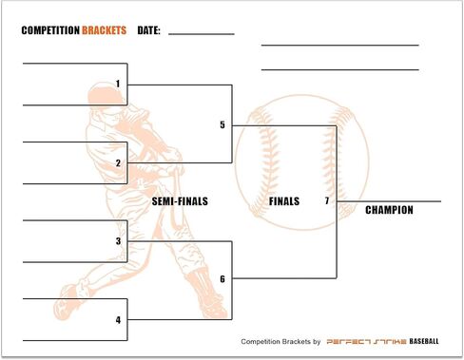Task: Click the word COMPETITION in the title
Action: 50,30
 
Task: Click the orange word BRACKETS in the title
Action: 105,30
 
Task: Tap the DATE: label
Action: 148,30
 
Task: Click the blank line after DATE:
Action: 202,34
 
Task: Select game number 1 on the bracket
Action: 118,84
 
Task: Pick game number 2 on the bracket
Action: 118,163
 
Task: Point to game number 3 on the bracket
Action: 118,241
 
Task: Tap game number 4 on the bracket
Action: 118,320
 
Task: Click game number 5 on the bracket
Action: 222,124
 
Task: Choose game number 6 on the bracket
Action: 222,279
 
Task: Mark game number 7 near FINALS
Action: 327,200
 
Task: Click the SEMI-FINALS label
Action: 180,201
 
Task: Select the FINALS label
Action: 284,201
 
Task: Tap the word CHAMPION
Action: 389,210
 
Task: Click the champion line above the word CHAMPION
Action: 389,201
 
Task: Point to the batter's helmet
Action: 104,94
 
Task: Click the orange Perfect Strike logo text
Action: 366,342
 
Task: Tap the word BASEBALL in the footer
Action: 424,341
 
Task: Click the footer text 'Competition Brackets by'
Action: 280,342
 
